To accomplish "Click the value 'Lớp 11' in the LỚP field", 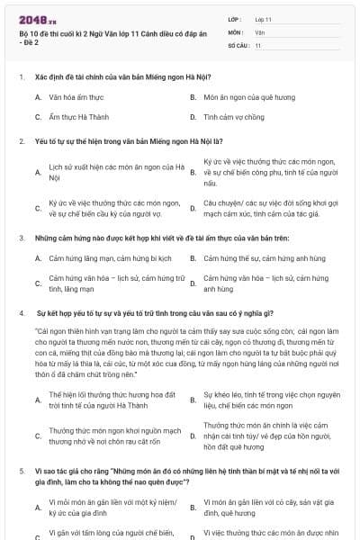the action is (264, 19).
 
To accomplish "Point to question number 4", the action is (21, 312).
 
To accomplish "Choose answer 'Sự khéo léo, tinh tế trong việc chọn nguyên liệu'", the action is (271, 400).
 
